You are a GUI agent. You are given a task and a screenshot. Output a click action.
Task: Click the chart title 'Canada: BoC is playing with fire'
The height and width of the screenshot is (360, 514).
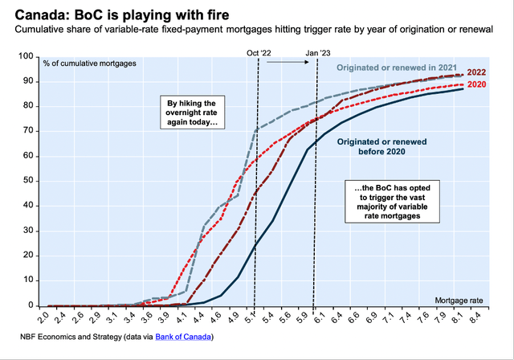(x=112, y=14)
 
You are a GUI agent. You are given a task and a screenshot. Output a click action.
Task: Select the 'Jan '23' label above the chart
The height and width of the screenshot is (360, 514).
(x=317, y=52)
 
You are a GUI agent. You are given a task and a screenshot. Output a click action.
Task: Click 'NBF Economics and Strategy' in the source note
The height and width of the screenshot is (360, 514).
(x=68, y=337)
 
